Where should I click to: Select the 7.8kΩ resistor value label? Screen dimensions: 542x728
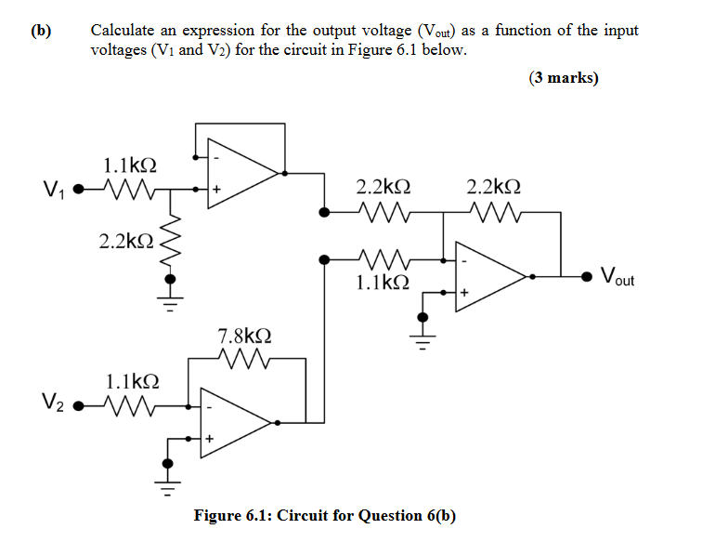tap(244, 336)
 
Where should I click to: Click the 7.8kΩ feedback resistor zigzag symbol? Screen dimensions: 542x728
tap(242, 358)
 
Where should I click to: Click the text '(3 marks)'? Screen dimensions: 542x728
tap(564, 78)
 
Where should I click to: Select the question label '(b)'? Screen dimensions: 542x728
tap(40, 31)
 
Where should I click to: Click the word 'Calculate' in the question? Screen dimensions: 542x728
tap(124, 31)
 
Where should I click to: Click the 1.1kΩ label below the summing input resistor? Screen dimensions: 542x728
tap(382, 282)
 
